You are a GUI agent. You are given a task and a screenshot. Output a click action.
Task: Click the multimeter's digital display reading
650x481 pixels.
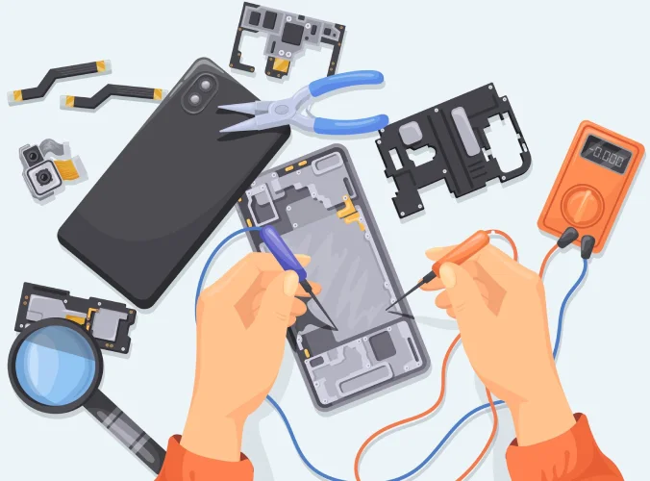608,155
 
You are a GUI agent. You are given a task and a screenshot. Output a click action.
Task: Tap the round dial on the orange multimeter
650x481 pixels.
582,204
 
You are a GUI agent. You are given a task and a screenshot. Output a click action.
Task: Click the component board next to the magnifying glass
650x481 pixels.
77,313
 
